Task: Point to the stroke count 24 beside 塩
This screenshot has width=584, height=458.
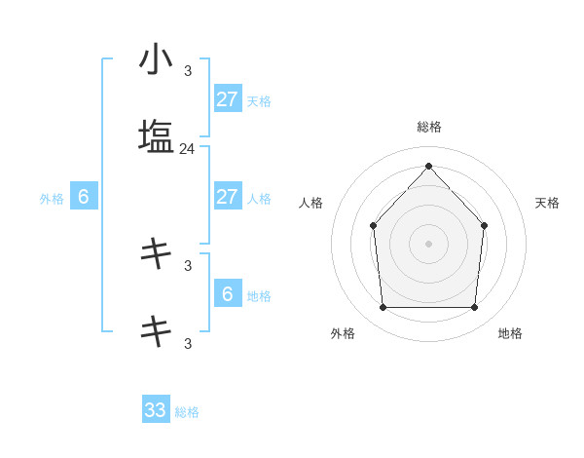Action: coord(187,149)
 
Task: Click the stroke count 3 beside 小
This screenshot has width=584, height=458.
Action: coord(188,71)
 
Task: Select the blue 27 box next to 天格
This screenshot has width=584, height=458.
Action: coord(227,98)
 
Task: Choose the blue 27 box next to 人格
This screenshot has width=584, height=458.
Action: coord(227,197)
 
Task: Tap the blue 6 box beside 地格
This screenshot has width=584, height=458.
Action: coord(227,293)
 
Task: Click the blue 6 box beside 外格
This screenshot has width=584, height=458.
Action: coord(84,197)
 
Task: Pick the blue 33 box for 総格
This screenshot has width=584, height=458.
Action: coord(156,410)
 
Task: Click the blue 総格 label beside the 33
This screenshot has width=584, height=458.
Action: coord(187,412)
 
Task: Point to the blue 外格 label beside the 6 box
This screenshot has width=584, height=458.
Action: coord(52,199)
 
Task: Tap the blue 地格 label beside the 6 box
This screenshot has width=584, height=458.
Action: coord(259,295)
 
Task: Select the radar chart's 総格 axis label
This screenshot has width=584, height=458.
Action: coord(428,127)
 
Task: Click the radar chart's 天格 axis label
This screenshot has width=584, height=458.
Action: coord(548,203)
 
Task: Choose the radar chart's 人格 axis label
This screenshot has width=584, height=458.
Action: coord(310,203)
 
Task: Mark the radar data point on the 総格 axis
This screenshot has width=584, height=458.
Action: coord(428,166)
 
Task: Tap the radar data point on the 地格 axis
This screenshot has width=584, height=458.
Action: coord(474,308)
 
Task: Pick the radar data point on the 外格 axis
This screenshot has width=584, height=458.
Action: coord(383,308)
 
